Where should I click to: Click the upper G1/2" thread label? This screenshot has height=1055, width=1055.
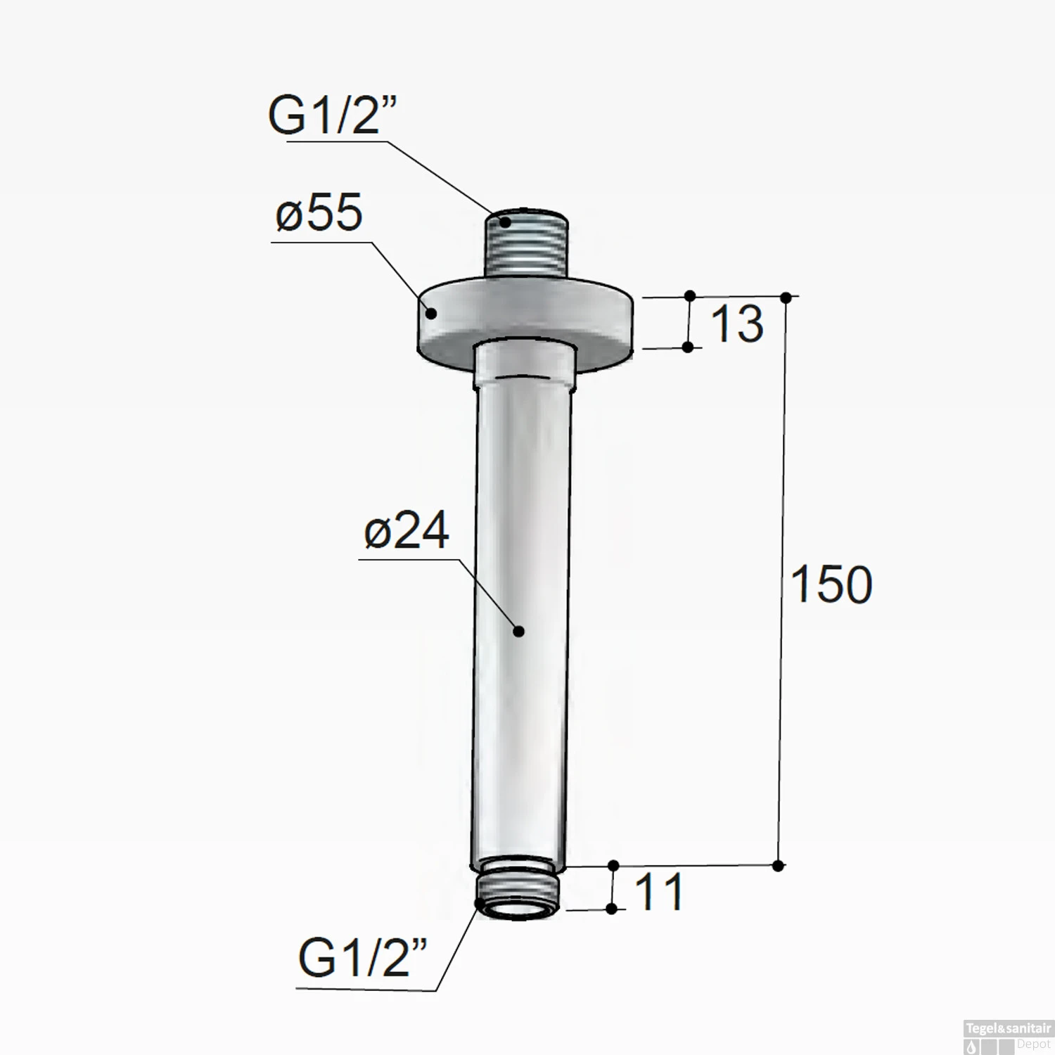point(332,115)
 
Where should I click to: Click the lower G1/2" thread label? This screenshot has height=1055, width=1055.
point(362,957)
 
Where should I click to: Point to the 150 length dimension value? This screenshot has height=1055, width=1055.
point(831,584)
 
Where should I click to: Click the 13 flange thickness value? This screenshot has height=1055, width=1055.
point(736,324)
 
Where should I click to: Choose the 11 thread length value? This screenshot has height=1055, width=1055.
point(658,892)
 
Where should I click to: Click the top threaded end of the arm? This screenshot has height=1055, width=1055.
point(527,243)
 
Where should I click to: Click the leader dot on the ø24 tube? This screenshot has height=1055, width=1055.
point(518,631)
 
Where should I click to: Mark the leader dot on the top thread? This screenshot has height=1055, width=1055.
point(505,223)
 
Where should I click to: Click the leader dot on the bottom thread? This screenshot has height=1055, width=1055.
point(480,904)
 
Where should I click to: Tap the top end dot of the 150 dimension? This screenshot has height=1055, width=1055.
point(786,298)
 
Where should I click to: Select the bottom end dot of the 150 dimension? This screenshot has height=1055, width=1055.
point(778,866)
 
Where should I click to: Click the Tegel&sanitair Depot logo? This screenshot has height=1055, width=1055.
point(1007,1037)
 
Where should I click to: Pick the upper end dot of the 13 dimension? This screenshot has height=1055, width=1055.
point(690,295)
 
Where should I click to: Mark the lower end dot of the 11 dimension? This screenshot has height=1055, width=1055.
point(611,909)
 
